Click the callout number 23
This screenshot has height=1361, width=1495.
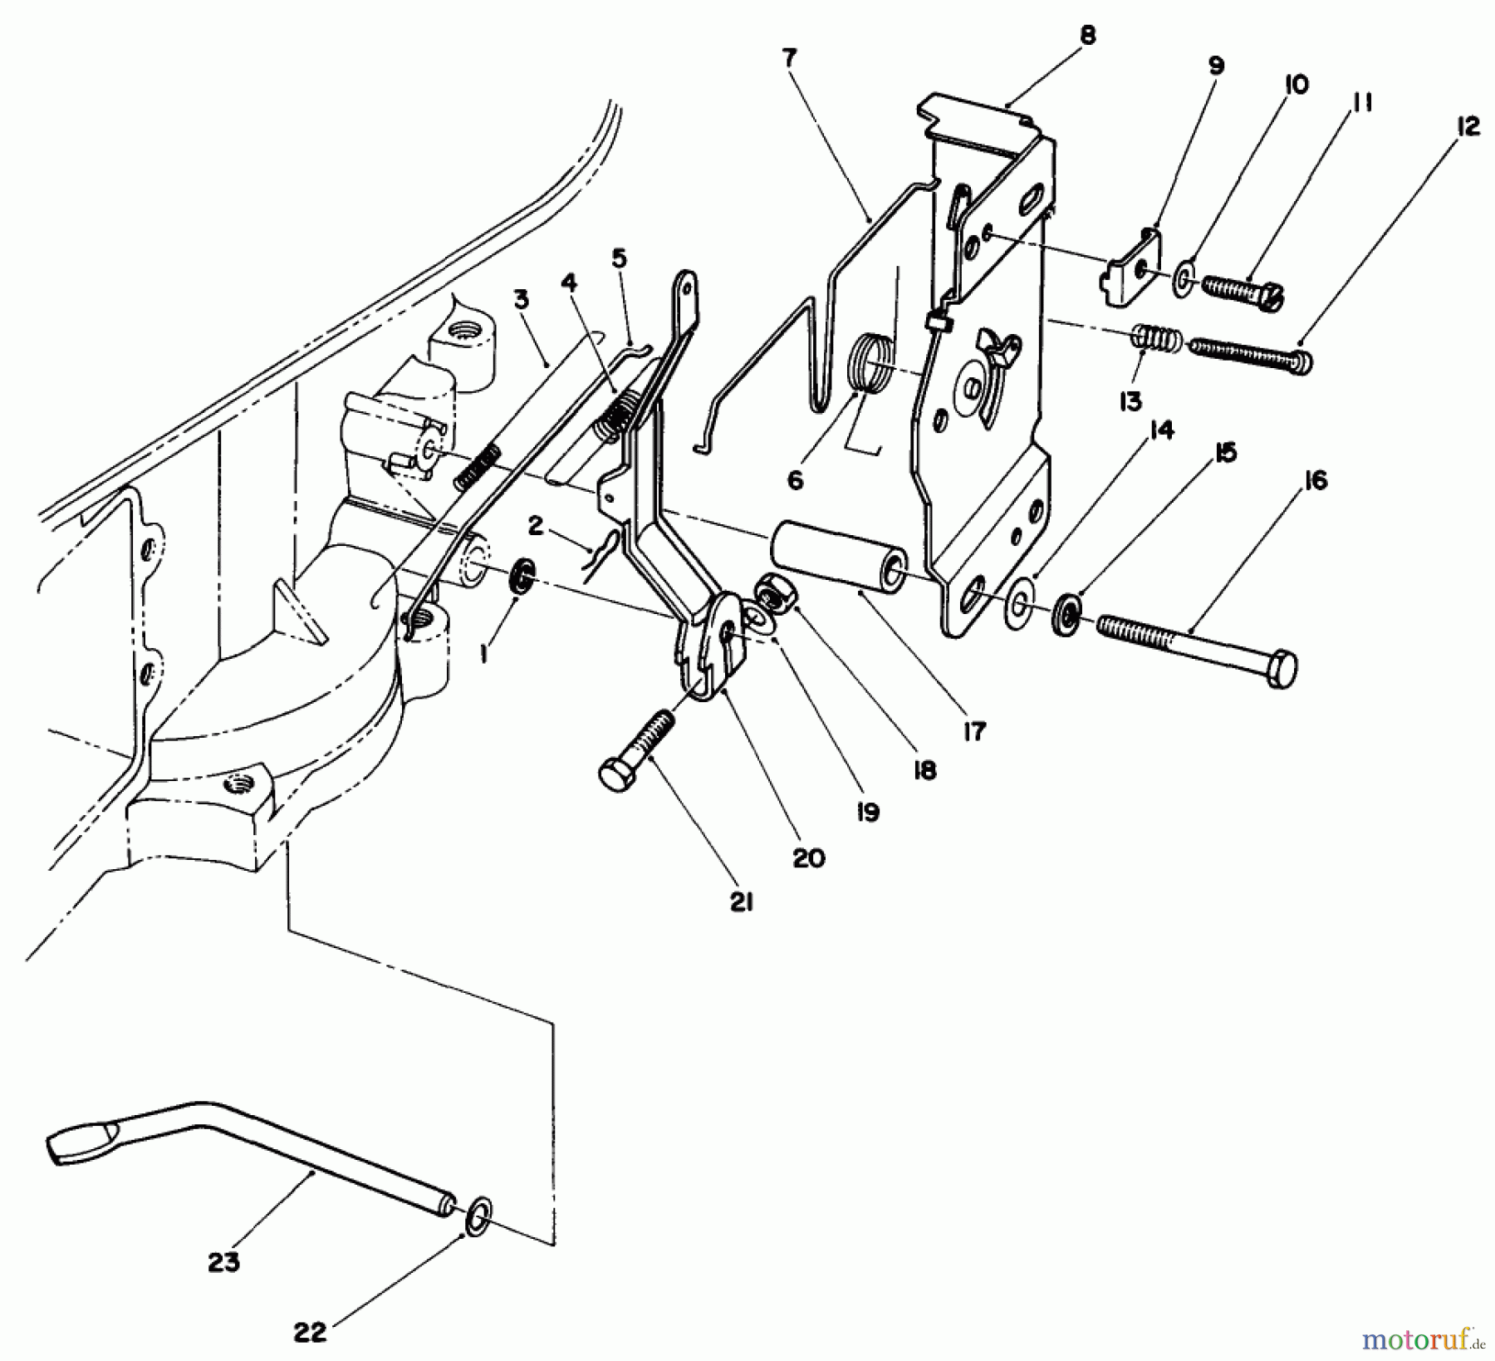point(224,1261)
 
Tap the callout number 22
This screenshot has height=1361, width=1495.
point(311,1333)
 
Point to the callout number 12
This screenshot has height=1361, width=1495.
point(1468,126)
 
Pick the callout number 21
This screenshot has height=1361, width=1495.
point(742,902)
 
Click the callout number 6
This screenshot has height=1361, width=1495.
point(796,480)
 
